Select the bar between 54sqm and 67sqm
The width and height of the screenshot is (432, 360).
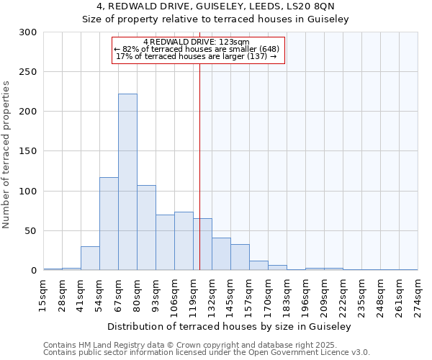click(109, 224)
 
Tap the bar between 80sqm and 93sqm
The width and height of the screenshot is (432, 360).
click(146, 228)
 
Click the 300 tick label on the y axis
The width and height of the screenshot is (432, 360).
click(28, 32)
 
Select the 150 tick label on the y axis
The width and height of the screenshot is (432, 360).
click(28, 151)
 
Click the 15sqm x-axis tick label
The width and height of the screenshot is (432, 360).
click(44, 295)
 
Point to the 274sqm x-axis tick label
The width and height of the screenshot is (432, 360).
click(418, 295)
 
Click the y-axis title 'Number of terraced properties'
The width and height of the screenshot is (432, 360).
click(6, 155)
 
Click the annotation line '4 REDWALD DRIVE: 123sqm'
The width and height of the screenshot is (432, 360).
click(197, 42)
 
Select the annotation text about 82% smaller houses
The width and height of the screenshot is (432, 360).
click(197, 49)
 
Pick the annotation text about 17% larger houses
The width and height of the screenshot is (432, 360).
click(197, 56)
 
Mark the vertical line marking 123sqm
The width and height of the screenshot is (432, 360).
click(199, 166)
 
